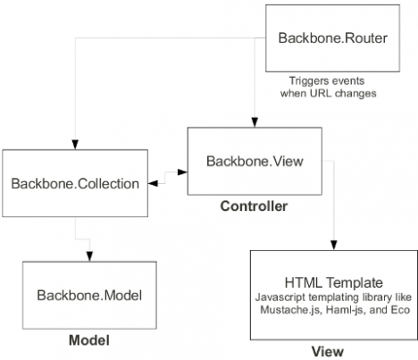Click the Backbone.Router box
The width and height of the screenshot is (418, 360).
point(332,38)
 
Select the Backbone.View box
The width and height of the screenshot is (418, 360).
point(255,161)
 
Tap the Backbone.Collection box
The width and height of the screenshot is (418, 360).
point(75,183)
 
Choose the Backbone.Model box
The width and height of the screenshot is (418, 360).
point(89,295)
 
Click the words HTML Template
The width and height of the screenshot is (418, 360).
point(334,282)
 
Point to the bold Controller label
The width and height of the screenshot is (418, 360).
point(254,206)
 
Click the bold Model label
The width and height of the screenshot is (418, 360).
point(89,340)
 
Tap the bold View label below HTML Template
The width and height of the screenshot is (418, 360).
point(328,351)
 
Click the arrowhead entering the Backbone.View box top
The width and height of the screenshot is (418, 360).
point(255,122)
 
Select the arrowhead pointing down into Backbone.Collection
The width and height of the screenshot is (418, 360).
point(75,145)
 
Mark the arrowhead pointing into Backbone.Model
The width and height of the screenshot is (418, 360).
point(89,256)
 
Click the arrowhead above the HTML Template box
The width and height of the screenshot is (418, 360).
point(334,245)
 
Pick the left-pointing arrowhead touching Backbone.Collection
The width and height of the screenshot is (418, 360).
point(153,183)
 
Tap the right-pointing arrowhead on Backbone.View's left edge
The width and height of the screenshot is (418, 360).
point(182,172)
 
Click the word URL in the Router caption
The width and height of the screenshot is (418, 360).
point(321,93)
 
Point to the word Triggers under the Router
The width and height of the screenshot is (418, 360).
point(308,81)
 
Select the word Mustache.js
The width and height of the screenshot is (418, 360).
point(291,310)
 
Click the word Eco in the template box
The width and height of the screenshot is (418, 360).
point(400,310)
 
